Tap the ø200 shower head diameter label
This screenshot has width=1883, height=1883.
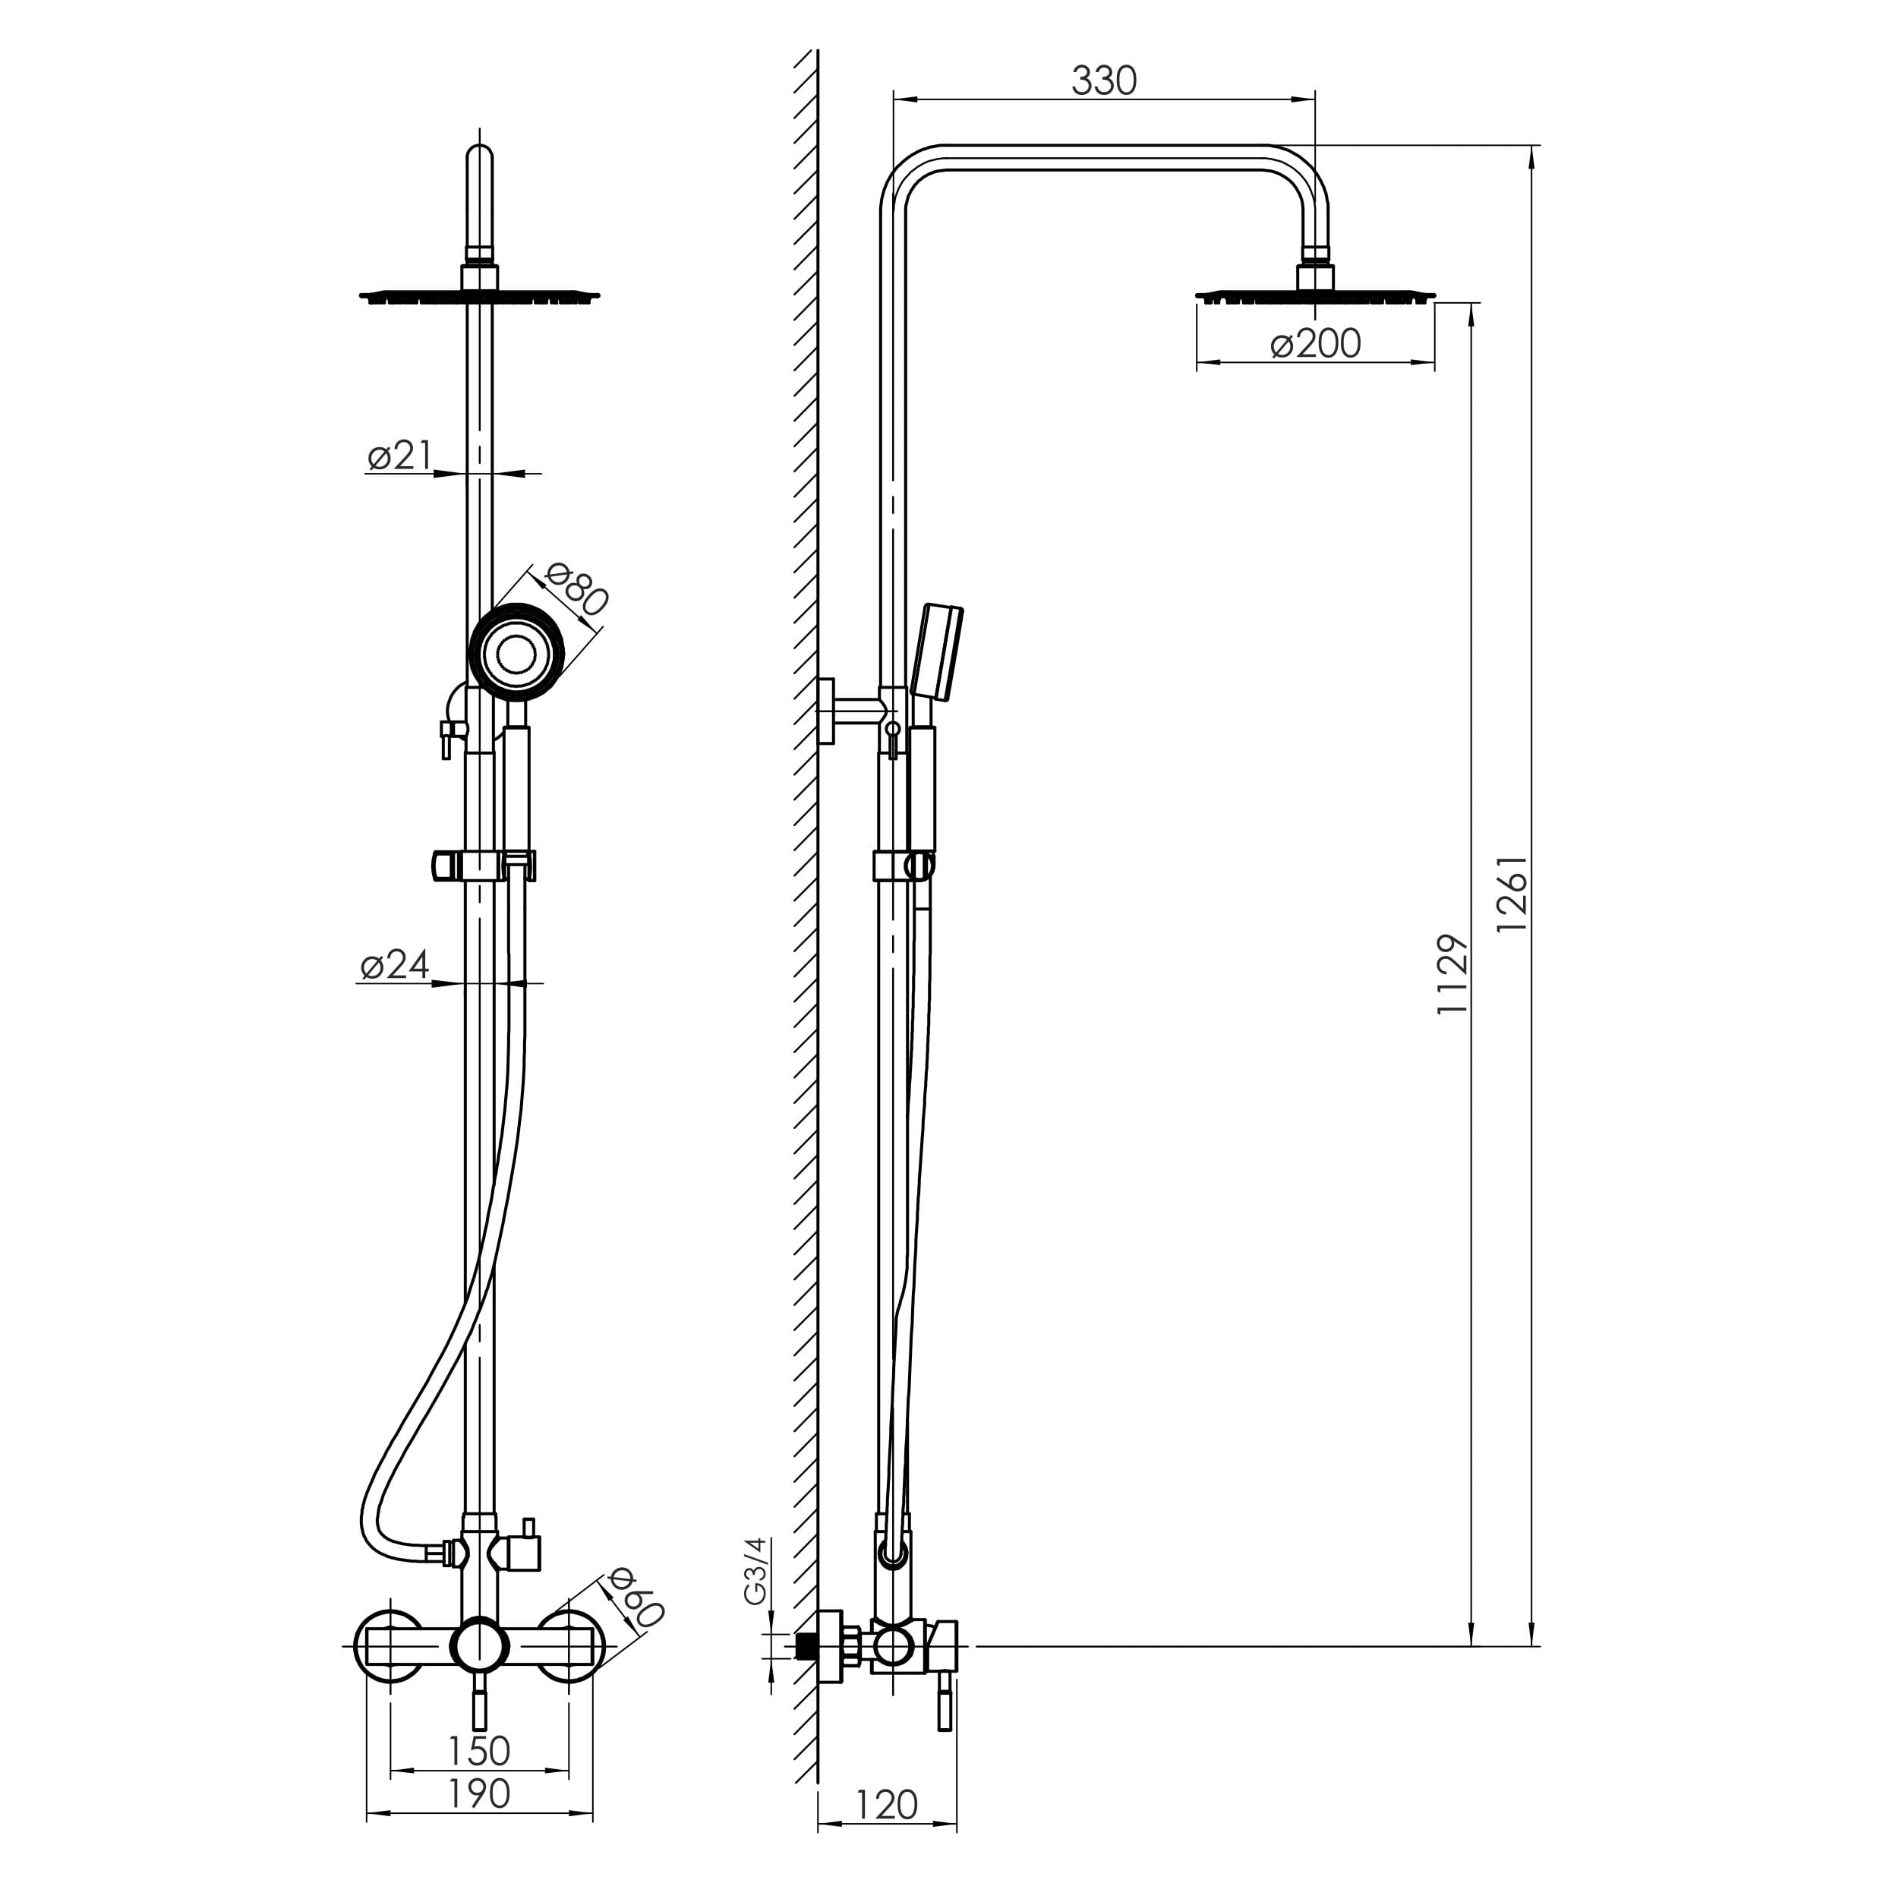1315,344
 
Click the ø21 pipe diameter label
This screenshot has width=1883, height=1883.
399,455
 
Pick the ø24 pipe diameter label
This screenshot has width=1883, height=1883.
394,965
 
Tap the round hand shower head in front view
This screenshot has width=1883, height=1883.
516,652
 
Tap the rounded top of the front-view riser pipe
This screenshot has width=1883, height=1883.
480,161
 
